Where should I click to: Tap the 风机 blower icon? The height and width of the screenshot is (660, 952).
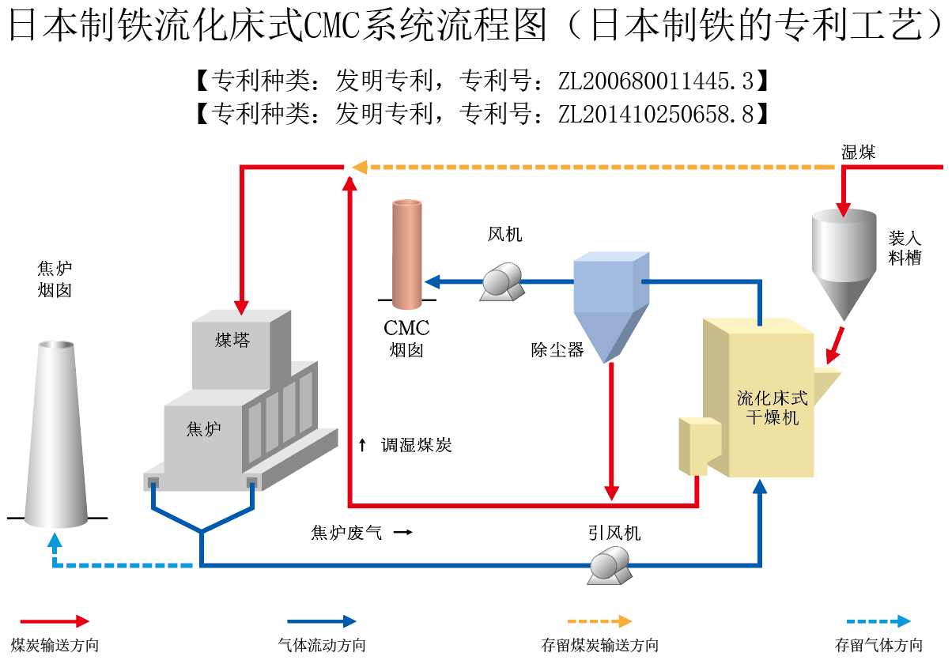pyautogui.click(x=503, y=282)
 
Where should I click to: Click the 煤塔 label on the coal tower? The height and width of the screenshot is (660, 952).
pyautogui.click(x=232, y=341)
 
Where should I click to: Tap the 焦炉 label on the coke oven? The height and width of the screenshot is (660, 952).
pyautogui.click(x=203, y=429)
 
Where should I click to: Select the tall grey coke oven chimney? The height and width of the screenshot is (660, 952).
pyautogui.click(x=56, y=435)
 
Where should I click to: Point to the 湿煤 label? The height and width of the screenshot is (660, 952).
pyautogui.click(x=858, y=153)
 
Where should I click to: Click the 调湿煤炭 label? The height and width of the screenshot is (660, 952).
pyautogui.click(x=416, y=445)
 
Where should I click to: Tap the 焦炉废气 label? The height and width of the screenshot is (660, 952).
pyautogui.click(x=346, y=533)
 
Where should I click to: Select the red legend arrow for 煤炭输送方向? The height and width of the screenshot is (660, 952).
pyautogui.click(x=55, y=622)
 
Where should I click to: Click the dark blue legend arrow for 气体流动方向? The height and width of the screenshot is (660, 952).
pyautogui.click(x=321, y=622)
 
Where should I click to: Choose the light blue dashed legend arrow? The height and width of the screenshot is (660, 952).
pyautogui.click(x=878, y=622)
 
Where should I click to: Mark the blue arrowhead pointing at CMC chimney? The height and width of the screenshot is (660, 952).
pyautogui.click(x=432, y=281)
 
